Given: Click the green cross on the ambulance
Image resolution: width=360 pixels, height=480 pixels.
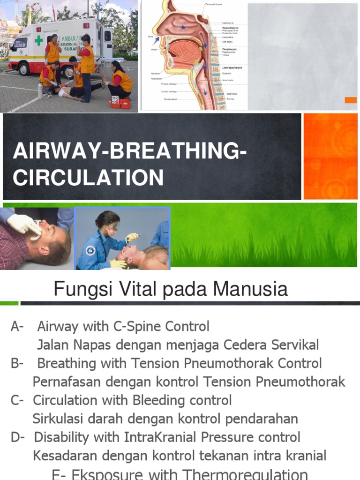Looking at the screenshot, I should tap(38, 41).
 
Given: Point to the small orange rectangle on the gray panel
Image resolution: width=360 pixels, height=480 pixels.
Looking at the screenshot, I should tap(351, 100).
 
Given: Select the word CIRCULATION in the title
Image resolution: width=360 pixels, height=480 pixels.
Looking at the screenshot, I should tap(88, 178).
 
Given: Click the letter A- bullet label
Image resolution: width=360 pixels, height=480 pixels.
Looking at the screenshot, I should tap(18, 326).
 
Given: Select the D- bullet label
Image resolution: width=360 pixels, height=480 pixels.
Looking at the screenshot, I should tap(18, 437).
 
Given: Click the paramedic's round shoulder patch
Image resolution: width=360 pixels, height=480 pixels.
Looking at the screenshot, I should tap(91, 251).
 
